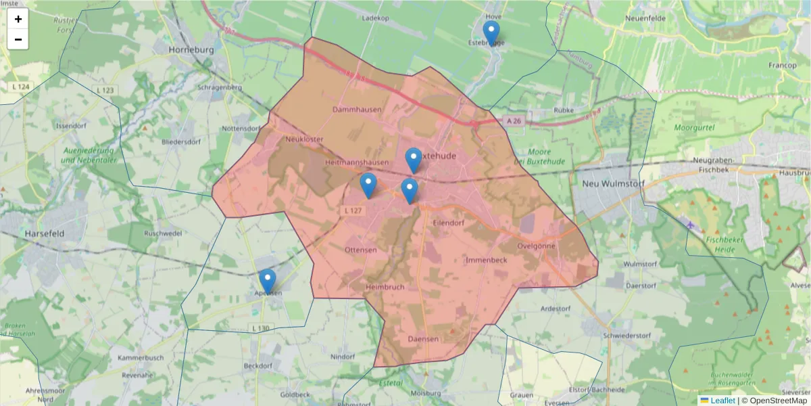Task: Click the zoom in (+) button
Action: [x=18, y=19]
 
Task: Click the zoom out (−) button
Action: [x=18, y=39]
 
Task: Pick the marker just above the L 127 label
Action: [x=368, y=185]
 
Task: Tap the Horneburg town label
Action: [x=191, y=50]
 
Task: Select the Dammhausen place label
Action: [x=357, y=109]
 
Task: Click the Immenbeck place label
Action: [x=487, y=260]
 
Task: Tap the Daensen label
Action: [x=423, y=338]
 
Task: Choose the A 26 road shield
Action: [x=514, y=120]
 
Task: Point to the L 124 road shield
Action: [x=21, y=87]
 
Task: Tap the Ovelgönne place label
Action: [x=537, y=246]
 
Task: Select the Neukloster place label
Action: [x=305, y=139]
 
